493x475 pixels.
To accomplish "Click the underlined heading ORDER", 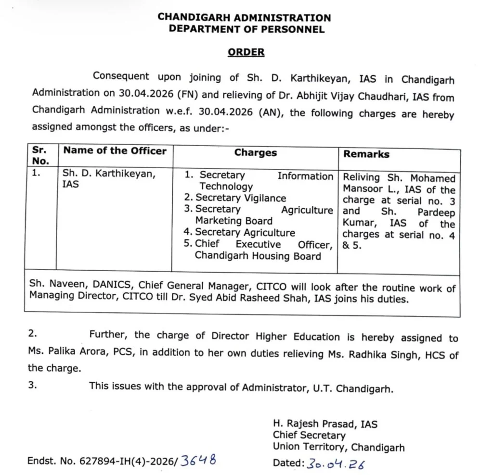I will pyautogui.click(x=246, y=52).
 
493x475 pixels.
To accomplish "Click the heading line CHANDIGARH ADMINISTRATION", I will pyautogui.click(x=245, y=17).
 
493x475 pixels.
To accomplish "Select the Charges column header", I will pyautogui.click(x=256, y=153).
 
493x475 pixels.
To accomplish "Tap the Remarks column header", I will pyautogui.click(x=366, y=154).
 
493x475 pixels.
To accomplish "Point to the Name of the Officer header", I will pyautogui.click(x=115, y=150).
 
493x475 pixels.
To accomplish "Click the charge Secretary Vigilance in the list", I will pyautogui.click(x=240, y=198).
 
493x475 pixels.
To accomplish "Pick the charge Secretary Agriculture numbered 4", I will pyautogui.click(x=245, y=232).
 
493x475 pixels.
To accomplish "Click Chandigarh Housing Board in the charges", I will pyautogui.click(x=258, y=256).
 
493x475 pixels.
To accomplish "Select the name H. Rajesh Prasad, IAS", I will pyautogui.click(x=325, y=424).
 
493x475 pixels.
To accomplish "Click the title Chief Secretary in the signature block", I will pyautogui.click(x=309, y=435).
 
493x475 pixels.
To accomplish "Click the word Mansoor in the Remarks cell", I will pyautogui.click(x=362, y=189).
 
